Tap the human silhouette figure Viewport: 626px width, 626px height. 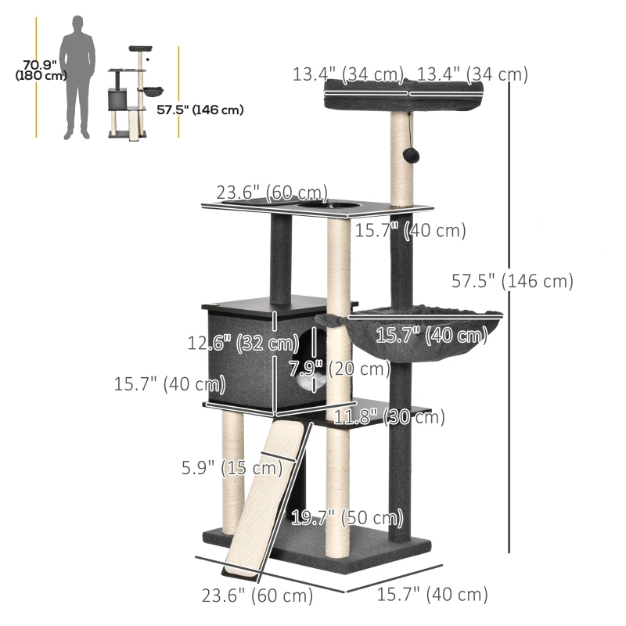(77, 77)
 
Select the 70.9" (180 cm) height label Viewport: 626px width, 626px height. (41, 70)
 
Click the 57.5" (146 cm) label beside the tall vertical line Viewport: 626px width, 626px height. (513, 281)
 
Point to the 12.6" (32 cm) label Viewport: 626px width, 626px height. (243, 343)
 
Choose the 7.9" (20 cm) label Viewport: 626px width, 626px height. (340, 368)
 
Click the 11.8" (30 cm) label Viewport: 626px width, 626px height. (389, 417)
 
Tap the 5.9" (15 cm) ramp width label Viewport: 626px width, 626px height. (232, 467)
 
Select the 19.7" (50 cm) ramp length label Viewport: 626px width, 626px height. (347, 518)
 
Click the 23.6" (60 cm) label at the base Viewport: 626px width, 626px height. (257, 595)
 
